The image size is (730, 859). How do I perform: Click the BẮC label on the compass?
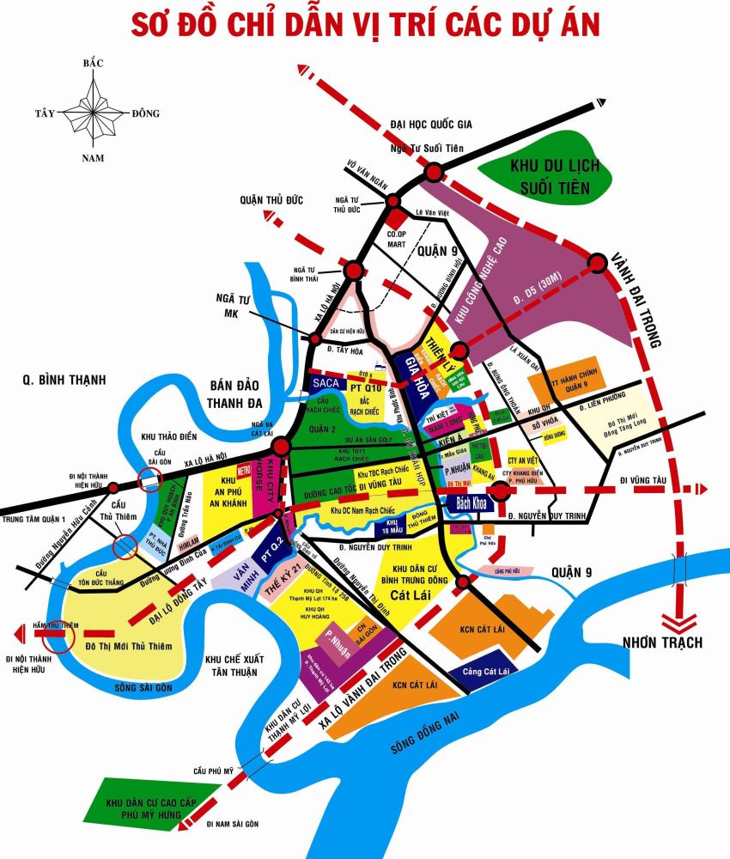click(x=94, y=64)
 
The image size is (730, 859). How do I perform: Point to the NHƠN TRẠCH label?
click(x=664, y=642)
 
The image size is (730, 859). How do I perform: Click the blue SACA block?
click(x=326, y=381)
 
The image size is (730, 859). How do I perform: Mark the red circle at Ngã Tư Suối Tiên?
click(x=434, y=173)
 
